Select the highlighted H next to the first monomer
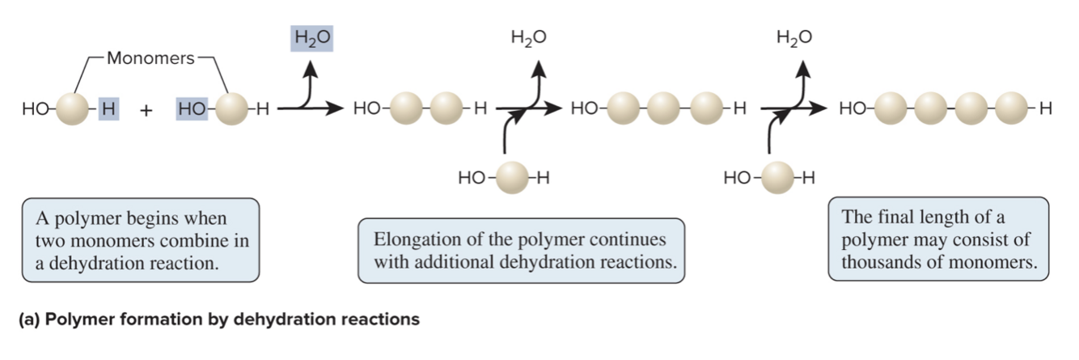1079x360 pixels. pos(108,108)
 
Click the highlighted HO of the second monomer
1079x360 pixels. pos(191,108)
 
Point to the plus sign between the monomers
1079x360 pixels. pos(146,111)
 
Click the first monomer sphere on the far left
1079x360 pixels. pos(70,108)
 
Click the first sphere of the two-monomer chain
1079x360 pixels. pos(409,108)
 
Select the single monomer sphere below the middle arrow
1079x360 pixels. pos(510,176)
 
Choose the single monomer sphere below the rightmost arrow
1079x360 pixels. pos(776,176)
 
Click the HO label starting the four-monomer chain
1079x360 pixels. pos(852,108)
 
